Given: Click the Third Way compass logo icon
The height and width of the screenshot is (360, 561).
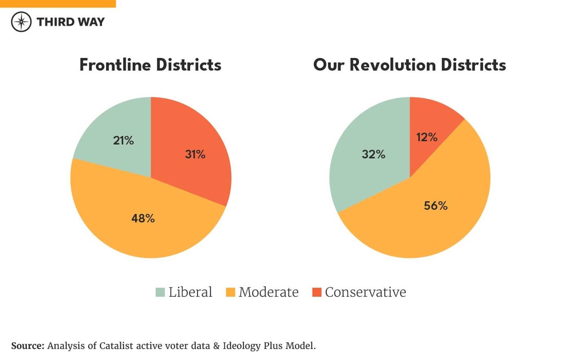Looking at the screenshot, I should point(21,22).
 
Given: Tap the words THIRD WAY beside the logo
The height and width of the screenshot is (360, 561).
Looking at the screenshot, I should point(71,22).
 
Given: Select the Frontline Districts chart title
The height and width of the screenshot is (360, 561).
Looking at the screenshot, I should point(150,65).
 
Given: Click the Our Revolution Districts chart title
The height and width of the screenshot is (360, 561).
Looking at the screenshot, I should point(409,65).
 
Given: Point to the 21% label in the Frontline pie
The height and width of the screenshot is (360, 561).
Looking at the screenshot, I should point(123,141).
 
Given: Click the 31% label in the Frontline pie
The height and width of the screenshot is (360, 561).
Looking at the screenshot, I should point(195,154).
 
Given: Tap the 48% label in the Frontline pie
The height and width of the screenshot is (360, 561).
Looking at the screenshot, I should point(143,219).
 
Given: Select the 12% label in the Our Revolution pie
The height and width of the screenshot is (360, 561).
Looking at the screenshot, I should point(427,137).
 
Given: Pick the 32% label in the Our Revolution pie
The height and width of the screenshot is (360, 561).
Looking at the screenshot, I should point(373,154).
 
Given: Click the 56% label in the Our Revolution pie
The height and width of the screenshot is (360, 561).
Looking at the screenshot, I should point(436,206).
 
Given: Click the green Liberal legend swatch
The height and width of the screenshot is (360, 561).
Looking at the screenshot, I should point(160,292).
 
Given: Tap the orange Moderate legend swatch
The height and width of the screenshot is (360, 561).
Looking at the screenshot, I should point(230,292).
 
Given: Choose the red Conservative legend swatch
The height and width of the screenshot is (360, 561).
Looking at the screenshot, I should point(317,292).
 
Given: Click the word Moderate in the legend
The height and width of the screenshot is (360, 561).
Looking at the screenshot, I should point(268,292).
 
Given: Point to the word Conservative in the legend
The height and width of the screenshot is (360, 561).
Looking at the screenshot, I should point(365,292).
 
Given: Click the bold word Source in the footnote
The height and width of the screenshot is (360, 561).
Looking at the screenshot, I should point(27,346).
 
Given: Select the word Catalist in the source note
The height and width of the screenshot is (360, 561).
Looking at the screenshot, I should point(116,346).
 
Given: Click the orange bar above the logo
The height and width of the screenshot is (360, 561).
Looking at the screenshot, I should point(58,3).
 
